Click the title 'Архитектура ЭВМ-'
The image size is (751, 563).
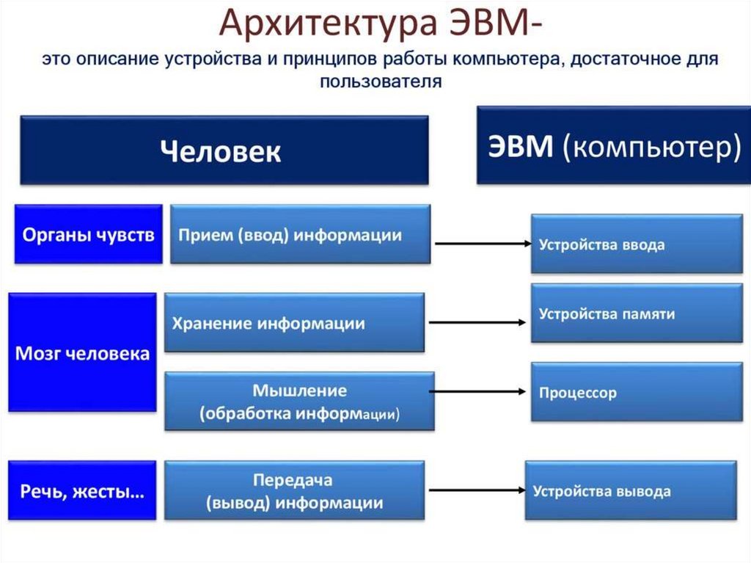(381, 23)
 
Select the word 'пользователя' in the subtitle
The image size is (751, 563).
(381, 81)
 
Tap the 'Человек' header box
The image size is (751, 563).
(224, 150)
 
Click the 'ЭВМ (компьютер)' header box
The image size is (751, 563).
(614, 145)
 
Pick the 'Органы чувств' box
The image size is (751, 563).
(89, 234)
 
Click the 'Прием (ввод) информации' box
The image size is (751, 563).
(300, 234)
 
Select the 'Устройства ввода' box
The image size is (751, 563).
(637, 244)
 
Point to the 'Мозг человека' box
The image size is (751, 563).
(82, 352)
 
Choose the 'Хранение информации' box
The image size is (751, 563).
(295, 323)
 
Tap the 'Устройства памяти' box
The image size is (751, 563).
(637, 313)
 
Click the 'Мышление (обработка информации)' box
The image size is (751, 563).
(300, 401)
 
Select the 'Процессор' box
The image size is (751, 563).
(637, 392)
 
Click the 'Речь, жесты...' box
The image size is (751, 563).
(82, 490)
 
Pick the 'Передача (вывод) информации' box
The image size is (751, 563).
(295, 490)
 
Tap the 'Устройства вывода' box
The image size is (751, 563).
(631, 490)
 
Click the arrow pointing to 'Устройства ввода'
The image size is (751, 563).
(483, 244)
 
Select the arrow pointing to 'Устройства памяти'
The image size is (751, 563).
(477, 323)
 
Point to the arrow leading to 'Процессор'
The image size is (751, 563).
(477, 392)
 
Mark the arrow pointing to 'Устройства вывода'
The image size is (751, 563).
(477, 490)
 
